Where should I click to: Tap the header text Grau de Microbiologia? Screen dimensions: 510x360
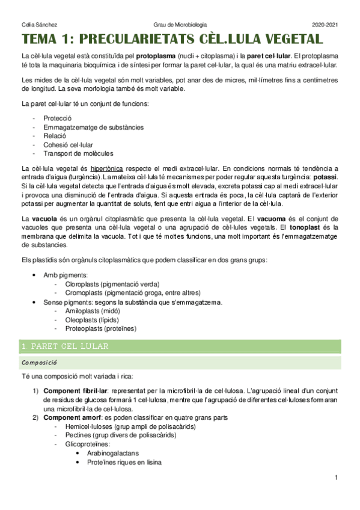click(180, 24)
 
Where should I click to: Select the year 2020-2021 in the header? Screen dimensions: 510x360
click(325, 24)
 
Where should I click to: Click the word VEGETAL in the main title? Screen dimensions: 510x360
click(278, 40)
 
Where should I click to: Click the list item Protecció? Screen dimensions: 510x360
click(58, 118)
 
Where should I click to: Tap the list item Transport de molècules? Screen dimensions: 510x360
click(78, 153)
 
